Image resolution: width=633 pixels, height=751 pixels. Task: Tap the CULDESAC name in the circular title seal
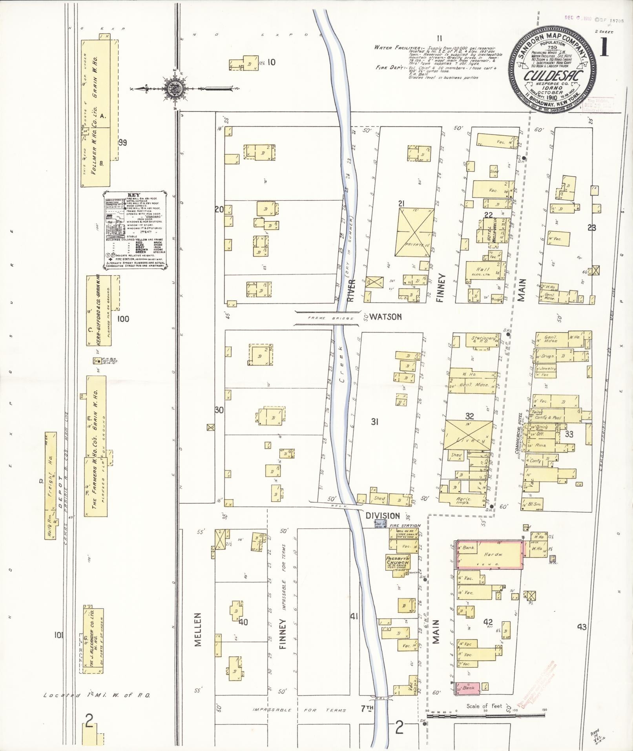[552, 75]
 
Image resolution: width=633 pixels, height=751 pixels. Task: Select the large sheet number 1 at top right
[603, 48]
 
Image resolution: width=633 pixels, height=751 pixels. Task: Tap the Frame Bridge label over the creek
[326, 318]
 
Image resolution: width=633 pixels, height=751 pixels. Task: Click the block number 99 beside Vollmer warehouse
[123, 143]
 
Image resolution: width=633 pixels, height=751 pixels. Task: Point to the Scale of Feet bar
[485, 716]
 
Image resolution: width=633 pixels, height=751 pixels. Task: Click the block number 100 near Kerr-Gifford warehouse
[123, 319]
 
